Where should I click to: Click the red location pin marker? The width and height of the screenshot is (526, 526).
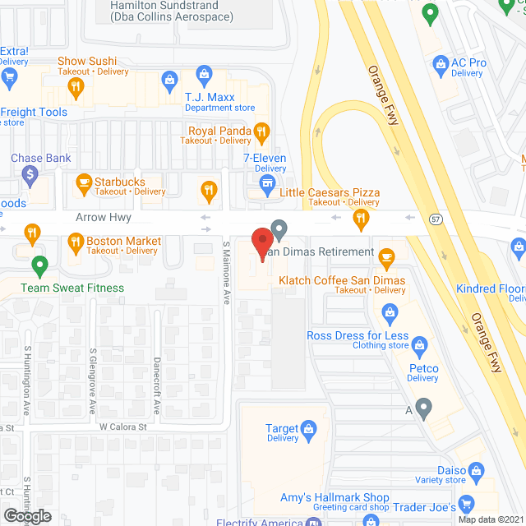(x=261, y=242)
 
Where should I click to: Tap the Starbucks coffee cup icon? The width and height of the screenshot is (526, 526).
(x=83, y=182)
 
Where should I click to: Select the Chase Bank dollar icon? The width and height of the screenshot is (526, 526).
(x=30, y=174)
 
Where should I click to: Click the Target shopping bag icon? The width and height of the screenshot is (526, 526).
(x=308, y=428)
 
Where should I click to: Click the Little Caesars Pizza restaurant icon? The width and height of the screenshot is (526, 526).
(x=360, y=218)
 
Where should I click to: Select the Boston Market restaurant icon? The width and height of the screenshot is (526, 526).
(x=74, y=241)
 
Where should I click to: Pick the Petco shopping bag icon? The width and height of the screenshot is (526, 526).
(x=420, y=344)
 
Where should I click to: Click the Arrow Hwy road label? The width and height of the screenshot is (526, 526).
(x=103, y=218)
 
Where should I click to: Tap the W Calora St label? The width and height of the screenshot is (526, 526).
(x=122, y=427)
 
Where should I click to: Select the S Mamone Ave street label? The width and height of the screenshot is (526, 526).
(x=226, y=274)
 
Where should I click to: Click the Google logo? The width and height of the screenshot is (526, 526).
(x=26, y=515)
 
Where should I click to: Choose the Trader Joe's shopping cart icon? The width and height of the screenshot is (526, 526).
(x=466, y=504)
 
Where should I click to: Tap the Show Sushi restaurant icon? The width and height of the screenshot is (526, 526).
(x=76, y=85)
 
